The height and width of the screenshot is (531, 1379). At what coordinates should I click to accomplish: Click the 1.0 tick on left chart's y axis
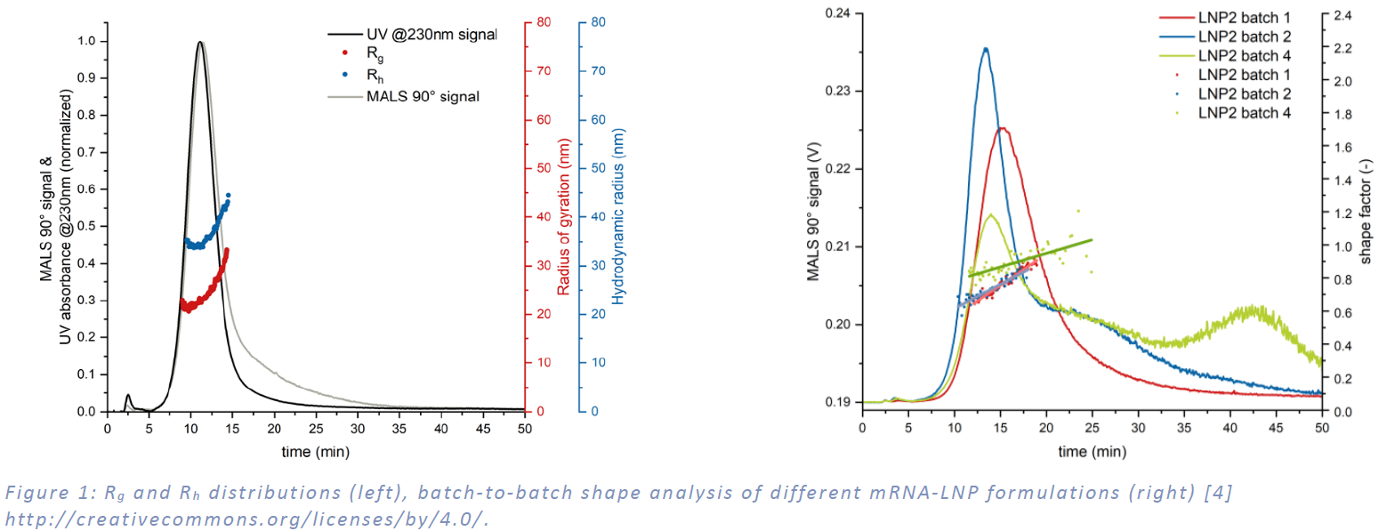(x=85, y=41)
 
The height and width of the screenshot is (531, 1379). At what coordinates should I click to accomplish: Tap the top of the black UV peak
(x=199, y=42)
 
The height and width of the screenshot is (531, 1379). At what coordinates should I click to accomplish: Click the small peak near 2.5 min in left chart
(x=128, y=395)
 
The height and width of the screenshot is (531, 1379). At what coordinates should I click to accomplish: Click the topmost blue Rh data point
(x=229, y=195)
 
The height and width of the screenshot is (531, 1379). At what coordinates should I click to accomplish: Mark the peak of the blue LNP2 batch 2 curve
(x=985, y=48)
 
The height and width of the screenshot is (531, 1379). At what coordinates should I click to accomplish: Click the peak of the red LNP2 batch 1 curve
(x=1002, y=128)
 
